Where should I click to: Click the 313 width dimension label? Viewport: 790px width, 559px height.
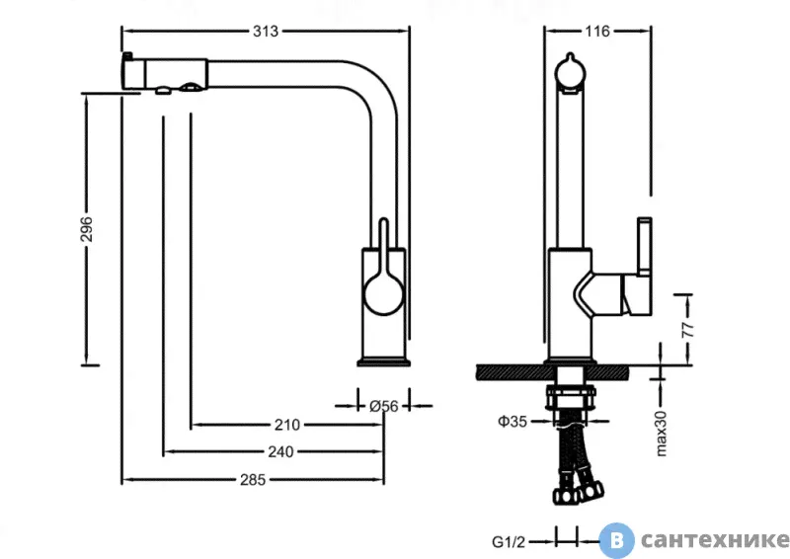266,32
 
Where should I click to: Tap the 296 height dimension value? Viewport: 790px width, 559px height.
87,229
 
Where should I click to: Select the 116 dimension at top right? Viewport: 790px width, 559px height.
597,32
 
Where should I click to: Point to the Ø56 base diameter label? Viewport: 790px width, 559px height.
383,406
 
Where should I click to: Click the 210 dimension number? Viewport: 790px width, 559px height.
287,425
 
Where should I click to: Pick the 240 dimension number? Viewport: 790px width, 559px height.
280,451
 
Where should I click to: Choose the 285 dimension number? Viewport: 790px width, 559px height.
253,479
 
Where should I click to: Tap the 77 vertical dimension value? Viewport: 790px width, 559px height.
687,329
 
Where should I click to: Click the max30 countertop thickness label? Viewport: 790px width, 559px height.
661,434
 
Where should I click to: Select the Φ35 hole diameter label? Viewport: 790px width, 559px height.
513,421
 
